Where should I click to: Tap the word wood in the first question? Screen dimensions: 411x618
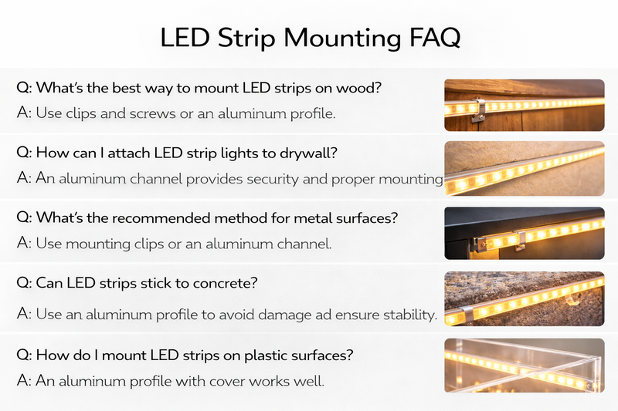tap(360, 87)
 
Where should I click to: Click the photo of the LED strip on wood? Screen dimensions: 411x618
tap(524, 104)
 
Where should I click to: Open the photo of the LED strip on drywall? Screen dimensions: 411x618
tap(524, 169)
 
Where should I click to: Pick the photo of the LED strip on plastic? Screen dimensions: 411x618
tap(524, 364)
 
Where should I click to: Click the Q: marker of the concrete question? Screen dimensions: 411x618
tap(25, 284)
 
